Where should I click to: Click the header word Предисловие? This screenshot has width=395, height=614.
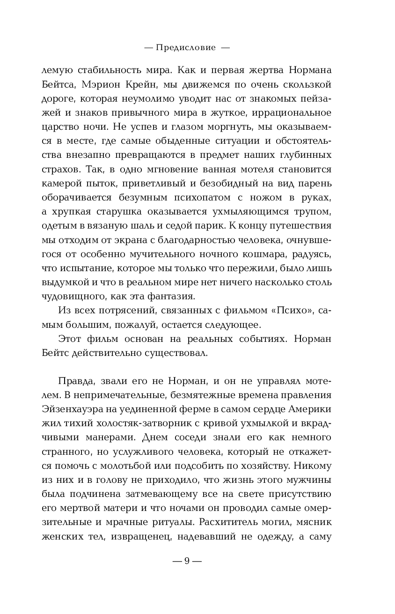click(186, 47)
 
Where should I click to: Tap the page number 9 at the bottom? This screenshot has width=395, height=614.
click(186, 562)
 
